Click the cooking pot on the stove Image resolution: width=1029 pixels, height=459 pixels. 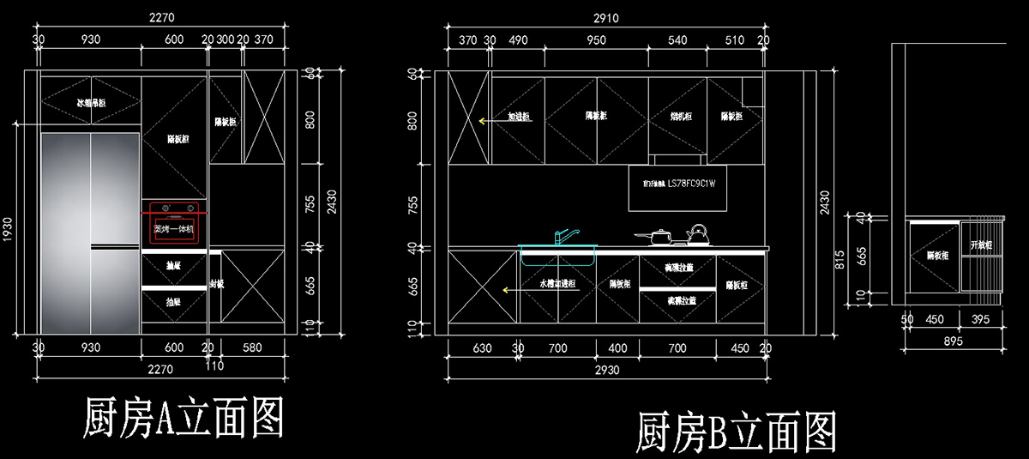656,235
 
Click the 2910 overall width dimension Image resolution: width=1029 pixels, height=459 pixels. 606,18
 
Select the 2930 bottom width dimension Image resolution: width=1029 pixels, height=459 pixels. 606,370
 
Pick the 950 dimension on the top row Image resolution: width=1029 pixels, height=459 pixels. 595,39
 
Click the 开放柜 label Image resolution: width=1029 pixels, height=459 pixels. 980,245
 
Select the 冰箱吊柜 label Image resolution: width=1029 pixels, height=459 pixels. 91,103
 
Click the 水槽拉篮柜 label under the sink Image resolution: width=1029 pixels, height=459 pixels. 557,282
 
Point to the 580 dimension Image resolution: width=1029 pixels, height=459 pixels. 252,347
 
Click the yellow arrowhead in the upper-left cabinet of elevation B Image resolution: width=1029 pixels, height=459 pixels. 483,121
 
